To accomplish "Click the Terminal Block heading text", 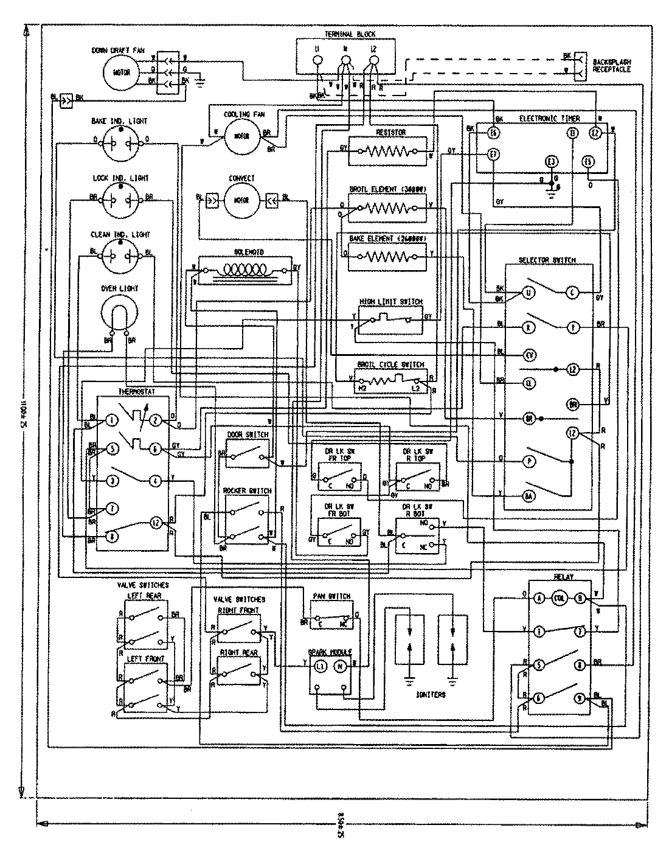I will pyautogui.click(x=344, y=34).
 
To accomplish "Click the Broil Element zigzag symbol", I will pyautogui.click(x=387, y=208).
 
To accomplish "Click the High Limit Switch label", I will pyautogui.click(x=390, y=302).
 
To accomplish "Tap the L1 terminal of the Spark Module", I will pyautogui.click(x=320, y=667).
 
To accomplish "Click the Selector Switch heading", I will pyautogui.click(x=547, y=260).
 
